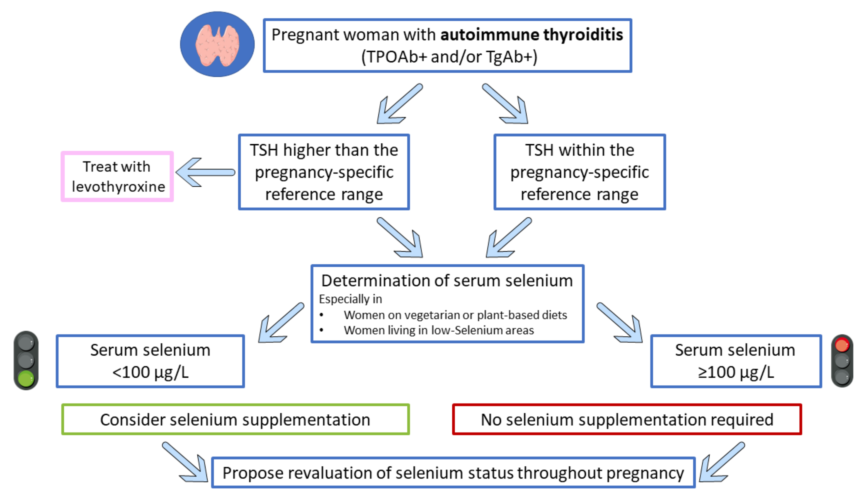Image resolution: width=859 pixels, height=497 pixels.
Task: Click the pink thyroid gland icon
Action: click(x=217, y=45)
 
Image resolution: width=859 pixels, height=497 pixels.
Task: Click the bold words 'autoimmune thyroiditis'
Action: click(x=532, y=35)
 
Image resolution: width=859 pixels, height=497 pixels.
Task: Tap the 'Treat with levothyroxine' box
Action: click(x=117, y=176)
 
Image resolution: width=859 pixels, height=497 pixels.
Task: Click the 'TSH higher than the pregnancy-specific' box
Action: click(x=324, y=172)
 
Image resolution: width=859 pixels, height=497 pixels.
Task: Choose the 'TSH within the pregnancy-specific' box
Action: click(x=579, y=172)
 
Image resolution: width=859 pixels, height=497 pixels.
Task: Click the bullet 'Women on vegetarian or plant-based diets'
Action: click(x=455, y=315)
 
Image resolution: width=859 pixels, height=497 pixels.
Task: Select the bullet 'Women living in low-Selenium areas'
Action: click(x=439, y=330)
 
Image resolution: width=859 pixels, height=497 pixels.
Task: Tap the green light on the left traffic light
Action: click(x=26, y=378)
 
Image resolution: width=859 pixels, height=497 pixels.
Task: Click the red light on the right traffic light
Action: click(x=842, y=345)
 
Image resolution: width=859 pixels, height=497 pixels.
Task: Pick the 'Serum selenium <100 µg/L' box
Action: click(x=150, y=361)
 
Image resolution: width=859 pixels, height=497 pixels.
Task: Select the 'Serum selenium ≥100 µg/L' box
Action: click(x=736, y=361)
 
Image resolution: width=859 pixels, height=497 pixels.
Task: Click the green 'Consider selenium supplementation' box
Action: click(x=235, y=419)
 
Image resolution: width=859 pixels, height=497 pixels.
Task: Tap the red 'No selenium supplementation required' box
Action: click(x=627, y=419)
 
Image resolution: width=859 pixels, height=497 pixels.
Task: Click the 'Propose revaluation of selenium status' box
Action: click(x=453, y=473)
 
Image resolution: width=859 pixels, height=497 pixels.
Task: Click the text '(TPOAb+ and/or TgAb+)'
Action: click(x=449, y=57)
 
